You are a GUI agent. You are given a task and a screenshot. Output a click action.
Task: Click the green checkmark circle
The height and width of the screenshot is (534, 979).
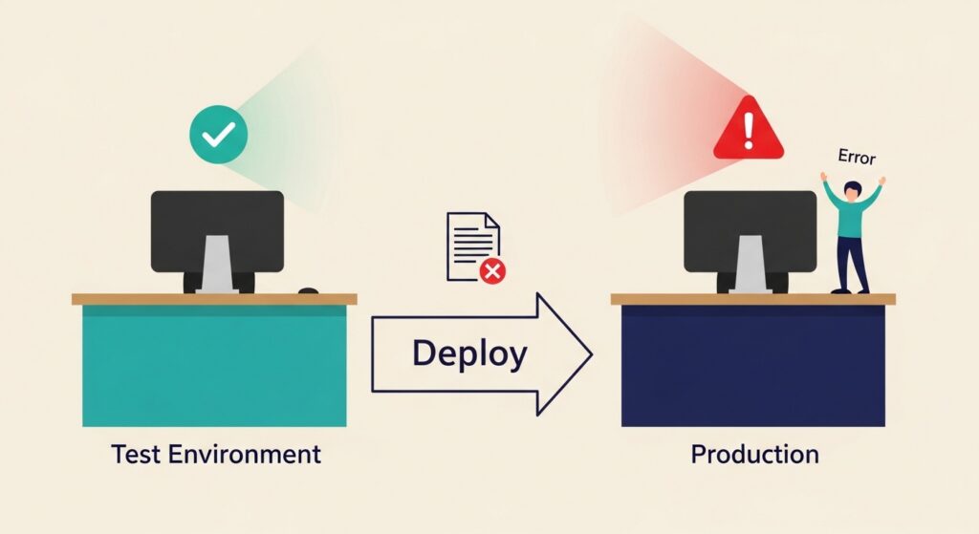pyautogui.click(x=219, y=135)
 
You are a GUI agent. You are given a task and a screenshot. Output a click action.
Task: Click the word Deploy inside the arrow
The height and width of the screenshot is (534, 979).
pyautogui.click(x=469, y=353)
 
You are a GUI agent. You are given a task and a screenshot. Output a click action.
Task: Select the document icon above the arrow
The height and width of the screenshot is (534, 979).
pyautogui.click(x=472, y=246)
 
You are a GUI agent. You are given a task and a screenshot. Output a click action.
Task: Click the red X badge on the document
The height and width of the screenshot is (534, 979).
pyautogui.click(x=492, y=271)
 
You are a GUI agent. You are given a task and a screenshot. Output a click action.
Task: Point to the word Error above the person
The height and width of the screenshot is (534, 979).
pyautogui.click(x=856, y=157)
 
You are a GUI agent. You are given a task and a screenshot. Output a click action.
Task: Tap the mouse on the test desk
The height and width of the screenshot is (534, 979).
pyautogui.click(x=308, y=290)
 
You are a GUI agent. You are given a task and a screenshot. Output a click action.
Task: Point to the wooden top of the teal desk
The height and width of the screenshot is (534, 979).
pyautogui.click(x=214, y=299)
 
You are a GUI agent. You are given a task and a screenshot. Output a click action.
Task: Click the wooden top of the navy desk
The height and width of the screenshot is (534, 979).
pyautogui.click(x=752, y=299)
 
